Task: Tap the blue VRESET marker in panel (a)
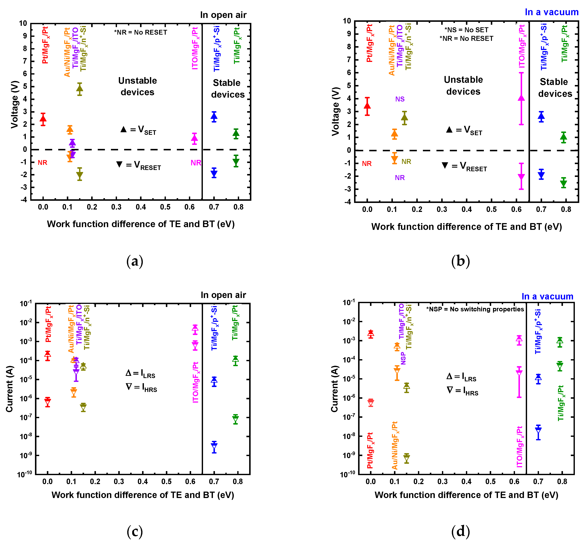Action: (x=214, y=173)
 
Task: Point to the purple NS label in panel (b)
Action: (x=400, y=99)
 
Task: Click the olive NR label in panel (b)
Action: (x=406, y=162)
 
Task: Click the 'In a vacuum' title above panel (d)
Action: (x=547, y=297)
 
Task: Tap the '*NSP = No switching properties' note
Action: (x=475, y=309)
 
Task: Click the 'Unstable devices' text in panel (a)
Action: (x=137, y=86)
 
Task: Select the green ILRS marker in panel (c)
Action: (x=235, y=359)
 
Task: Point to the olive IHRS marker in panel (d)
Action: (x=407, y=458)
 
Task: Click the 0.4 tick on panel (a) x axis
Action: (x=141, y=207)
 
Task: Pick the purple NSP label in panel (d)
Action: (x=403, y=358)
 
